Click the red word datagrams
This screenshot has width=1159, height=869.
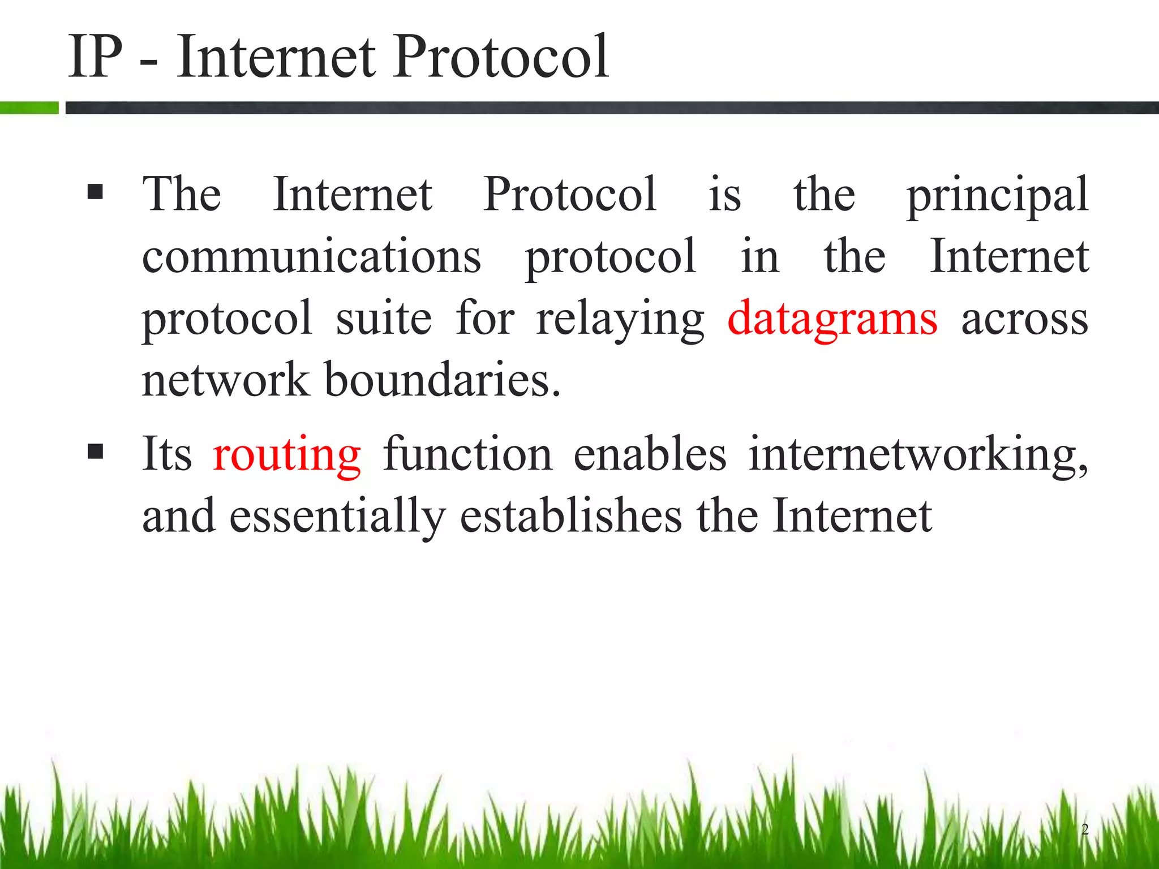coord(832,320)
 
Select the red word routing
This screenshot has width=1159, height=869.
coord(287,455)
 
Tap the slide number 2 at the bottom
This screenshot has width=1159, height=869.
coord(1084,829)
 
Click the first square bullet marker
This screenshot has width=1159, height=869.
coord(96,192)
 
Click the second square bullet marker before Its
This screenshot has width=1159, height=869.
coord(96,451)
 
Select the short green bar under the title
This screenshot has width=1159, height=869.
coord(29,107)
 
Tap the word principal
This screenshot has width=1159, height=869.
coord(997,195)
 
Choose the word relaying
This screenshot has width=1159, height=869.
coord(620,320)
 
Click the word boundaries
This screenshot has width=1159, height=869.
coord(442,380)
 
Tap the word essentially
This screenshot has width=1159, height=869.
coord(337,517)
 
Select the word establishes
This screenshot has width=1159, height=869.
coord(570,515)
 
